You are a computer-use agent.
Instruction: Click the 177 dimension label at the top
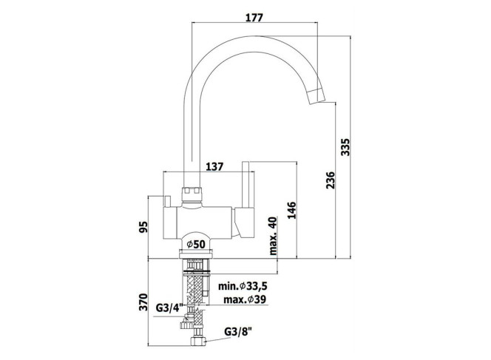pyautogui.click(x=254, y=17)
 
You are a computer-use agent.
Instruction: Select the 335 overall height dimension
pyautogui.click(x=345, y=147)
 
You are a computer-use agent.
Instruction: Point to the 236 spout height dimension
pyautogui.click(x=331, y=180)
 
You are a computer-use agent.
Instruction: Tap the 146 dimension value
pyautogui.click(x=291, y=210)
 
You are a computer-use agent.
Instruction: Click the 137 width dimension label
pyautogui.click(x=214, y=166)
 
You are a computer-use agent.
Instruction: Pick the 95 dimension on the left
pyautogui.click(x=143, y=227)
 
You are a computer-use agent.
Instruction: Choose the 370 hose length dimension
pyautogui.click(x=143, y=302)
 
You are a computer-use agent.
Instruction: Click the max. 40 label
pyautogui.click(x=273, y=235)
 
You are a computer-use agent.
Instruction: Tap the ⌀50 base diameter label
pyautogui.click(x=195, y=244)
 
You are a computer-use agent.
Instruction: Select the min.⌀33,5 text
pyautogui.click(x=243, y=286)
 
